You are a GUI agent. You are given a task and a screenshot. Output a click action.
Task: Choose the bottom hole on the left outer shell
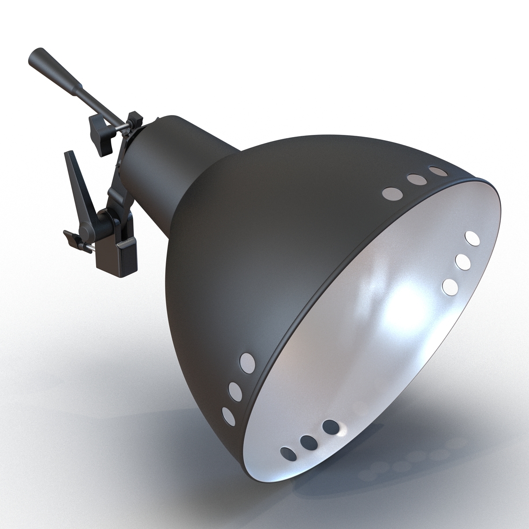[x=228, y=415]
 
